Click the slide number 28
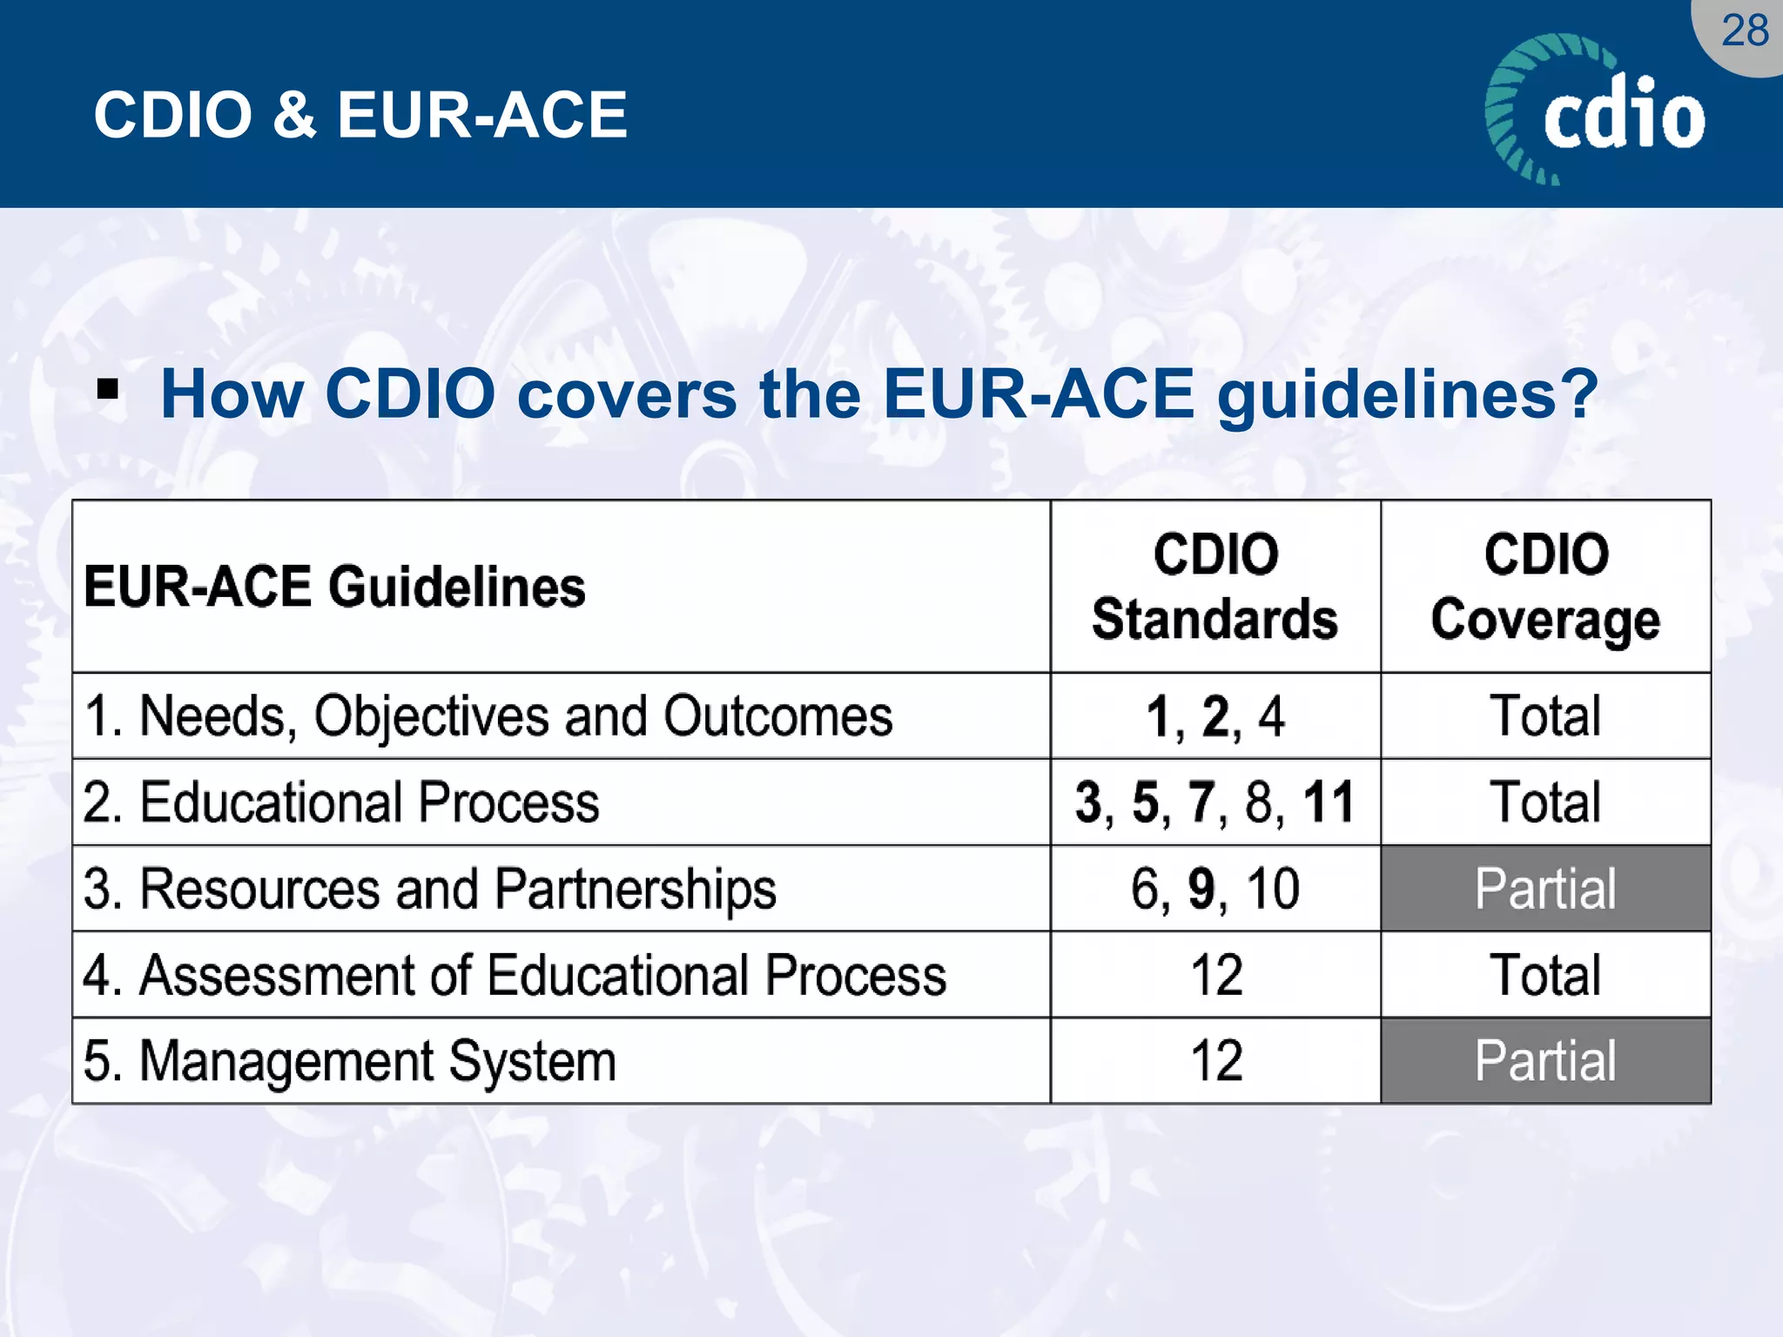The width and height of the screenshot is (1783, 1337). click(1745, 31)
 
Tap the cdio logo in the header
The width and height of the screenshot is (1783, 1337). click(1597, 111)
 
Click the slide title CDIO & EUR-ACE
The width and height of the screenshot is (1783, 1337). click(360, 115)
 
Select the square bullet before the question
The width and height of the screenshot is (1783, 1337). click(108, 389)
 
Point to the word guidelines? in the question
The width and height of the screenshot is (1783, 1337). click(1407, 395)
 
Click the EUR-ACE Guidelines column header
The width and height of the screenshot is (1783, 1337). click(335, 587)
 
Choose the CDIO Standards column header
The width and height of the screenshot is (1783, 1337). click(1215, 587)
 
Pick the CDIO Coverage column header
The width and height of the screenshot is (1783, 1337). click(1545, 587)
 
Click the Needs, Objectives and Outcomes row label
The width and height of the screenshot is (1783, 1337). click(488, 716)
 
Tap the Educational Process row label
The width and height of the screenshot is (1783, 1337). click(341, 803)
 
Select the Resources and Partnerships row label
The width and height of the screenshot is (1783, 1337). click(430, 889)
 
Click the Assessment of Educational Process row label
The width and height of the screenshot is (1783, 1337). click(515, 975)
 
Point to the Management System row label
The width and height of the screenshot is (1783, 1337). click(350, 1061)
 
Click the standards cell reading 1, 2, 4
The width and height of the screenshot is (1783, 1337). click(1215, 716)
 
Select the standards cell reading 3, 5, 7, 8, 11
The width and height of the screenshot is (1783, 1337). click(1215, 803)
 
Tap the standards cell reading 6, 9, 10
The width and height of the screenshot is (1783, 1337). click(1215, 889)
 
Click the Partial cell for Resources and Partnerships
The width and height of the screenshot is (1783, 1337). click(1545, 889)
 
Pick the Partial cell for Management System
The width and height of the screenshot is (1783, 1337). click(1545, 1061)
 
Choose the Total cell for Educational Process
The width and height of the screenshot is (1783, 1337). click(1545, 803)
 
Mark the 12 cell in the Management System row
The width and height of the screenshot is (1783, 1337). click(1215, 1061)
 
